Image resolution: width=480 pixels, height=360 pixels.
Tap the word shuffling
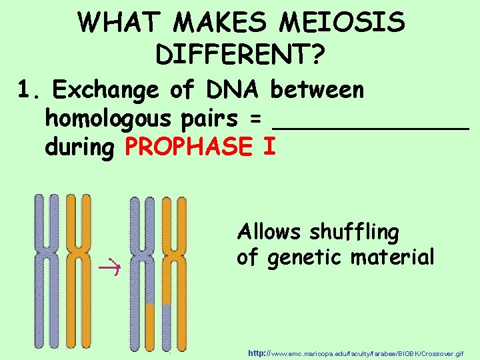coord(354,233)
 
